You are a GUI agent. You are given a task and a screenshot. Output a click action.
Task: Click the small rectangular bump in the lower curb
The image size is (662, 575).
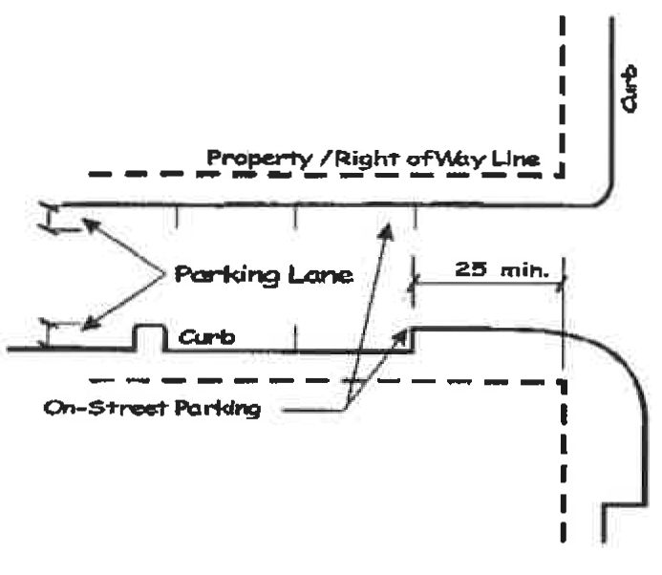(148, 337)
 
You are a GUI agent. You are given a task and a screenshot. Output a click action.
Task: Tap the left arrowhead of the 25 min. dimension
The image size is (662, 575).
(417, 279)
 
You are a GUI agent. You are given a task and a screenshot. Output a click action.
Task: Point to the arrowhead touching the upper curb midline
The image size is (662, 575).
(389, 229)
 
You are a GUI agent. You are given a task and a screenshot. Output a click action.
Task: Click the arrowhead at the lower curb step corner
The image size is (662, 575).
(406, 333)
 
